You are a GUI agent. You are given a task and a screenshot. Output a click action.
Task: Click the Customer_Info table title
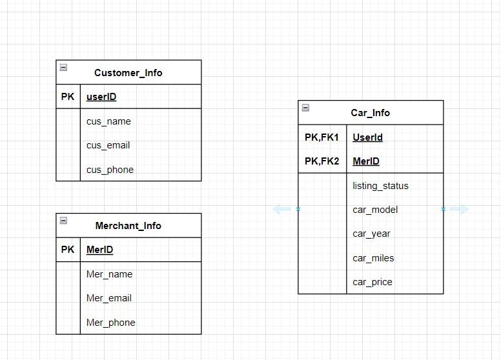tap(128, 73)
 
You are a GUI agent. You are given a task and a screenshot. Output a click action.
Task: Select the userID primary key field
tap(101, 97)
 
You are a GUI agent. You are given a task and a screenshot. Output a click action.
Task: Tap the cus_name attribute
tap(108, 121)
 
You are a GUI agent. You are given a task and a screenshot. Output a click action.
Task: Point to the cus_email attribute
tap(108, 145)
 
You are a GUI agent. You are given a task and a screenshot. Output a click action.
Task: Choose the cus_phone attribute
tap(110, 170)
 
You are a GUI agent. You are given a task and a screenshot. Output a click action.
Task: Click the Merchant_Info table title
tap(128, 226)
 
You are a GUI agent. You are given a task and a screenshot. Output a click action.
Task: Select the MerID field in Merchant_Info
tap(99, 250)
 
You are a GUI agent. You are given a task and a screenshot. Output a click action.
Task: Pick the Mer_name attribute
tap(109, 274)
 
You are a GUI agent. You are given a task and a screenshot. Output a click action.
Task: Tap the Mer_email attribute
tap(108, 298)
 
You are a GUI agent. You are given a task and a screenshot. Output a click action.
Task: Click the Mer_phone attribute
tap(110, 323)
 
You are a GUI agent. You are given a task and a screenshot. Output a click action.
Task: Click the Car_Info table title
tap(370, 113)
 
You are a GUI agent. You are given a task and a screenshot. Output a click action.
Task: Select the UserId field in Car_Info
tap(367, 137)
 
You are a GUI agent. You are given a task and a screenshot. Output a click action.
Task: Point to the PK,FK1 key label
tap(322, 137)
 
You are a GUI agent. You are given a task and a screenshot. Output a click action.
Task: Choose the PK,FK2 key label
tap(322, 161)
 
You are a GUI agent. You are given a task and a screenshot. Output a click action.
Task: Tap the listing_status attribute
tap(380, 186)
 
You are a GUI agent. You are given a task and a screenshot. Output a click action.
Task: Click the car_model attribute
tap(375, 210)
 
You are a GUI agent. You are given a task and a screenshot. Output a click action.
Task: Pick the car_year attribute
tap(371, 234)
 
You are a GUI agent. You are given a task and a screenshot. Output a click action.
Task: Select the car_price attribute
tap(372, 282)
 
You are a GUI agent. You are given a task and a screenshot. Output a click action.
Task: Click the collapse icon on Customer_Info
tap(63, 67)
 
